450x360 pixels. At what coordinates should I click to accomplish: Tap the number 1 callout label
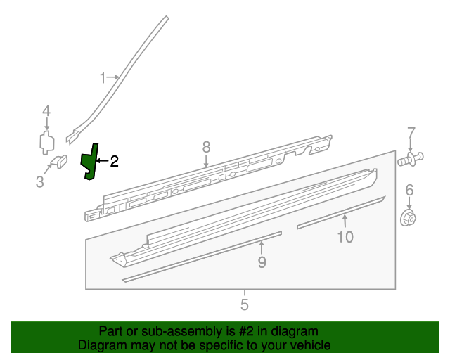[102, 77]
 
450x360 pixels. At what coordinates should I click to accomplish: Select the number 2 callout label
[114, 162]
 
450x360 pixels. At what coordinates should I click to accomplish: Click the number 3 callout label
[39, 183]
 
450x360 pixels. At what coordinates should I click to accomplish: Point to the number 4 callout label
[46, 110]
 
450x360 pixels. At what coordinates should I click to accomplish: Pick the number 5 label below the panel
[245, 305]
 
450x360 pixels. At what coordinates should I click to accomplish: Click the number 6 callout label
[409, 190]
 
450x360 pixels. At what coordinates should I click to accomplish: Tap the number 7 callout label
[411, 132]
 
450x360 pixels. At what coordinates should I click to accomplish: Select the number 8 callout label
[206, 146]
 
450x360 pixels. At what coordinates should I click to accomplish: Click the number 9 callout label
[262, 262]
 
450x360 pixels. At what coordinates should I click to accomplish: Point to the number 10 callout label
[345, 237]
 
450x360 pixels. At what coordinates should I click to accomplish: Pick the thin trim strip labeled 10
[341, 213]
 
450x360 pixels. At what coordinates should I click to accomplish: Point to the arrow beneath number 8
[206, 161]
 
